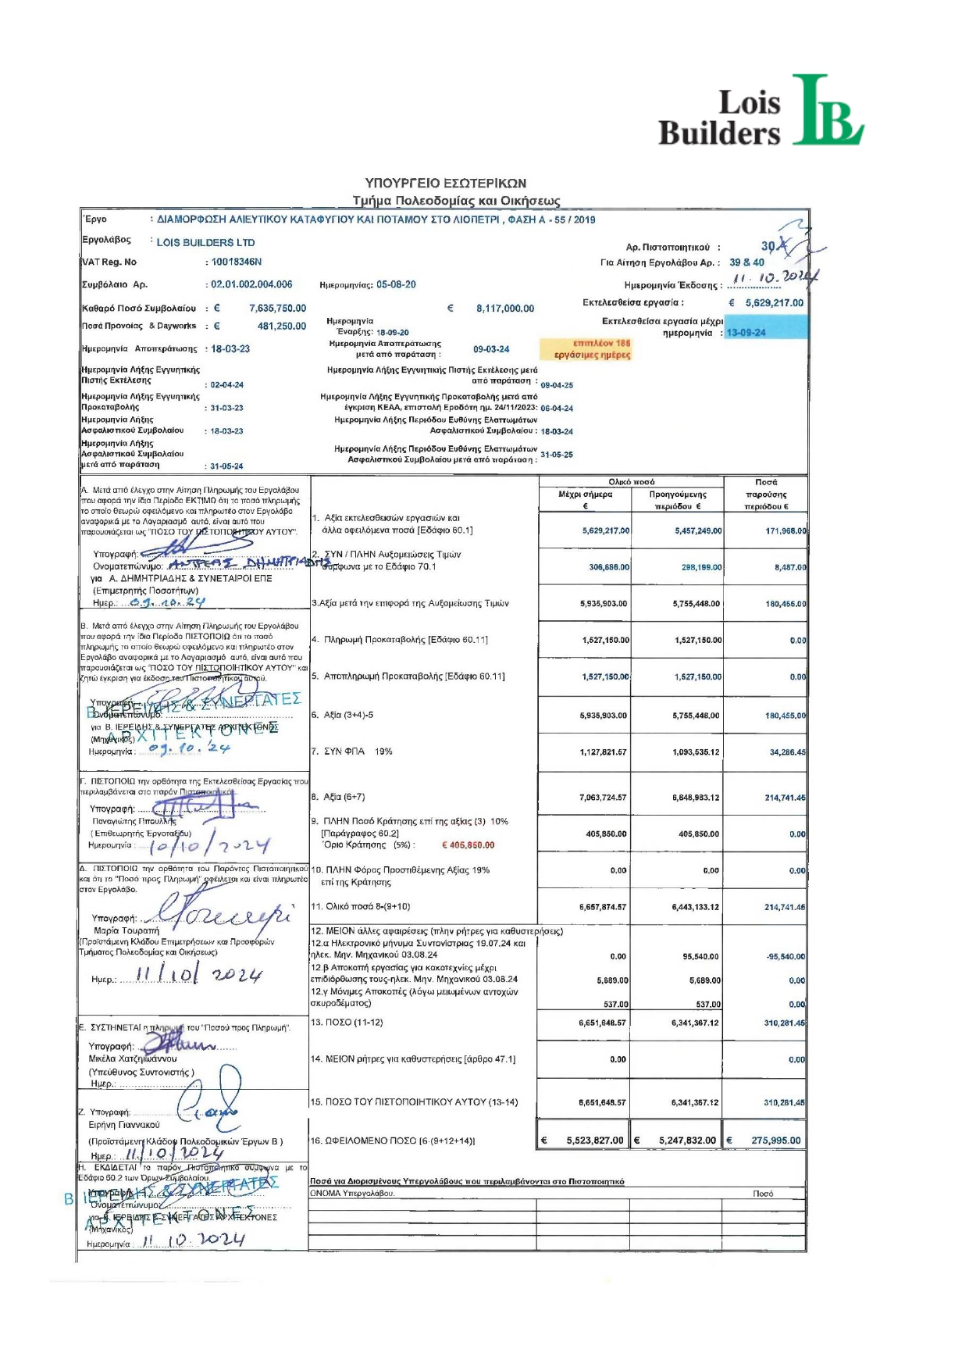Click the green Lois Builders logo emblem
click(826, 112)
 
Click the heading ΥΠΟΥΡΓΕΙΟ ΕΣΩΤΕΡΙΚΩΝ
click(446, 184)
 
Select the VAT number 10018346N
click(237, 262)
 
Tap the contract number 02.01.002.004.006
click(251, 285)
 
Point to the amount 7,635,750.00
click(277, 309)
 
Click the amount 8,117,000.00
click(505, 309)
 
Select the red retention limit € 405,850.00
click(468, 845)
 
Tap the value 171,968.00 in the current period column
click(786, 531)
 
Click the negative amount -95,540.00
click(786, 957)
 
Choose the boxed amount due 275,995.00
click(775, 1141)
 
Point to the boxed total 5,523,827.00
click(594, 1141)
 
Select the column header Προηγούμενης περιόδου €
click(677, 500)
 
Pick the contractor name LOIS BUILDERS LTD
click(205, 243)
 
